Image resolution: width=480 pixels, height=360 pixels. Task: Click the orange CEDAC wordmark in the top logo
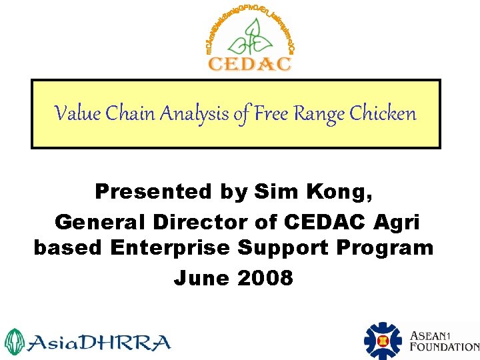click(x=250, y=64)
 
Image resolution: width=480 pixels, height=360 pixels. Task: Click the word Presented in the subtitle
click(x=153, y=192)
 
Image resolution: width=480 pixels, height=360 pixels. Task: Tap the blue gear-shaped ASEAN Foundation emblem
click(x=383, y=341)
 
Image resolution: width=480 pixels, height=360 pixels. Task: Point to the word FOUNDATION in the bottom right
click(x=445, y=347)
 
